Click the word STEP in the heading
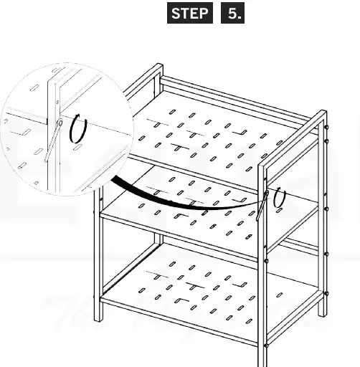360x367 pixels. point(190,13)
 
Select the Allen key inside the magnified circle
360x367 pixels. point(52,142)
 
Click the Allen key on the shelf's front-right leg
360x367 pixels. point(262,206)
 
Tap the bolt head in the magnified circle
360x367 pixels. point(60,123)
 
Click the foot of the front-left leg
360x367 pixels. point(98,320)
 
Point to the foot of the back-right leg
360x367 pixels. point(322,314)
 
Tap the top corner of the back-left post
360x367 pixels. point(158,64)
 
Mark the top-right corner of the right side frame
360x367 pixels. point(325,110)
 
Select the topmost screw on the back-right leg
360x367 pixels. point(326,127)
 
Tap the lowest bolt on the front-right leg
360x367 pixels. point(265,345)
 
